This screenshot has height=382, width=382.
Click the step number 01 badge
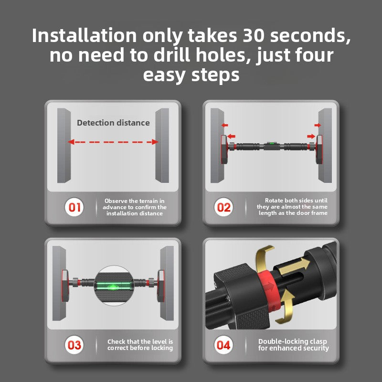74,207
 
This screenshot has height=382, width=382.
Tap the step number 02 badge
223,207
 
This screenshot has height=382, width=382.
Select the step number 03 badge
74,345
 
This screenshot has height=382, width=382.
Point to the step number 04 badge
223,345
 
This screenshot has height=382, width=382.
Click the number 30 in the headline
254,35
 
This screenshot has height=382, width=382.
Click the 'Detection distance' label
113,123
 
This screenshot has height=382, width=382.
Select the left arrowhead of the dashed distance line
71,142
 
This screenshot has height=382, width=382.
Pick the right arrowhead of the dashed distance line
155,142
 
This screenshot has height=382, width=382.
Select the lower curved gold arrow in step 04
285,307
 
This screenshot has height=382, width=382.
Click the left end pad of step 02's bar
224,149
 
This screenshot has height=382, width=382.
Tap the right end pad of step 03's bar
161,286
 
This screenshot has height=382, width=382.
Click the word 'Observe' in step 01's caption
116,201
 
